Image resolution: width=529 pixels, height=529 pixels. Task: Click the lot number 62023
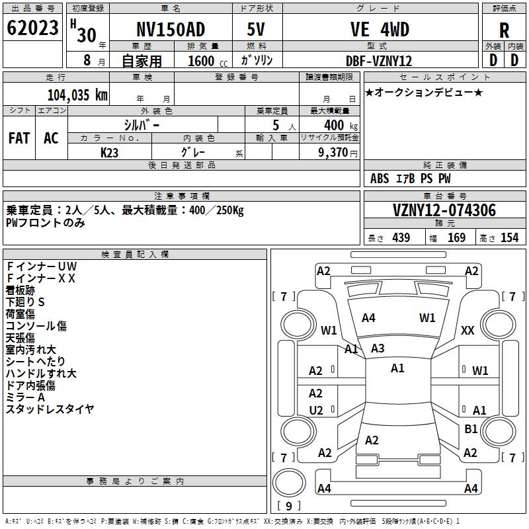click(x=32, y=28)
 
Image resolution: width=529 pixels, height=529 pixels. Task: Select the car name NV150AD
click(x=171, y=30)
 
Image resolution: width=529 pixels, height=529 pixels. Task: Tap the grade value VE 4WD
click(x=380, y=30)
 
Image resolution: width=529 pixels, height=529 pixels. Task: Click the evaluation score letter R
click(x=504, y=31)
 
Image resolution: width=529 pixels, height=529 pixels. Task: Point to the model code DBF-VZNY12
click(x=380, y=61)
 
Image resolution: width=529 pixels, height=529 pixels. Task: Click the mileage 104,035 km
click(x=77, y=95)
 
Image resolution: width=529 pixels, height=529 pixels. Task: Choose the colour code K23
click(x=110, y=153)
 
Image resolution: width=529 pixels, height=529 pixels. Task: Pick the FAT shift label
click(x=19, y=138)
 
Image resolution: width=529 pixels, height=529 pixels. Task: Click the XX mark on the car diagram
click(x=468, y=331)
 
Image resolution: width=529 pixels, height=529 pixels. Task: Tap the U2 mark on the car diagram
click(x=316, y=411)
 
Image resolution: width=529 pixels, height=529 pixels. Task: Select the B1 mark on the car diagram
click(x=471, y=429)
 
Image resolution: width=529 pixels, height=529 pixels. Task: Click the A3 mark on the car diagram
click(x=378, y=348)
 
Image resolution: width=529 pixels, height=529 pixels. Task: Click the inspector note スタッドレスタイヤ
click(x=50, y=409)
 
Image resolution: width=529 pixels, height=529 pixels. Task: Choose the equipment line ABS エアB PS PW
click(x=411, y=179)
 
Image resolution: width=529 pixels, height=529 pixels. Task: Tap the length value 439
click(x=401, y=238)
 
